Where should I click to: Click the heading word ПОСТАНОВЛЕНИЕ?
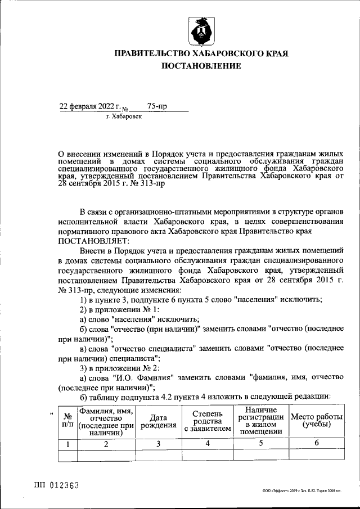pos(201,66)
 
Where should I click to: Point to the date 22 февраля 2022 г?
pos(91,106)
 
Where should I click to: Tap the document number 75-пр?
pos(157,106)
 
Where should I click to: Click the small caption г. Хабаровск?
pos(124,116)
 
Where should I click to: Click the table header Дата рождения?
pos(159,421)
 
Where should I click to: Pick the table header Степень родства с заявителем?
pos(208,421)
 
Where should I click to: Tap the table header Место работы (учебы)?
pos(316,421)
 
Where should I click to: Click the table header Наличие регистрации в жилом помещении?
pos(260,421)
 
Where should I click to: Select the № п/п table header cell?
pos(68,421)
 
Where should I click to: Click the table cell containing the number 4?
pos(208,444)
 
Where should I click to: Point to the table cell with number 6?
pos(316,444)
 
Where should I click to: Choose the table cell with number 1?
pos(68,444)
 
